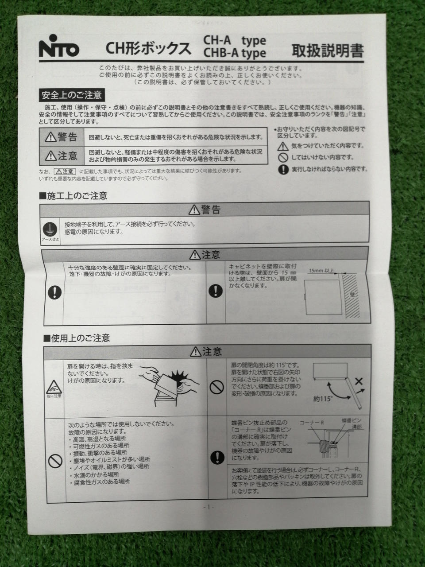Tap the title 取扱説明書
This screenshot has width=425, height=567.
328,50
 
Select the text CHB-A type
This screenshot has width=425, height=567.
235,53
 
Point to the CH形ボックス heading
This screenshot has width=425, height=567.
148,48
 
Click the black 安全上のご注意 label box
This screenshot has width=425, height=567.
72,95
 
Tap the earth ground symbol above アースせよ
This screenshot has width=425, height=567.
50,229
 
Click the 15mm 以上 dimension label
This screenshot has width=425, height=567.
321,271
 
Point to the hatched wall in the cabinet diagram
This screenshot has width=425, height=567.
351,296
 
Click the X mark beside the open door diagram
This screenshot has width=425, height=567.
359,381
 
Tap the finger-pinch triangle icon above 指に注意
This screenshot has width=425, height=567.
54,387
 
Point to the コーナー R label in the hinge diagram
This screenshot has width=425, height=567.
312,423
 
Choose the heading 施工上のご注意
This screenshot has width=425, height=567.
73,196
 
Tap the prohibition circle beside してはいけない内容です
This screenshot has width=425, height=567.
283,157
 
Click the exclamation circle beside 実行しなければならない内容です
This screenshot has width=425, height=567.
283,170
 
